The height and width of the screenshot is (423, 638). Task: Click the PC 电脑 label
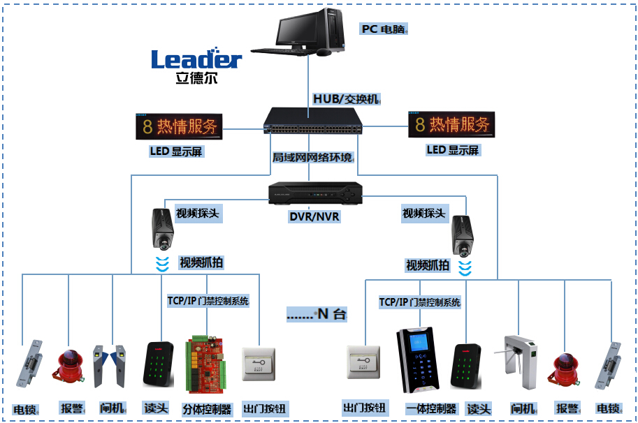(x=384, y=29)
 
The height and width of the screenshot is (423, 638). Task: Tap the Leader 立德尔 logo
(x=196, y=66)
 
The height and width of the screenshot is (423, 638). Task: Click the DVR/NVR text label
(x=314, y=216)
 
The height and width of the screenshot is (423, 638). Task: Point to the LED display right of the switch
(x=451, y=125)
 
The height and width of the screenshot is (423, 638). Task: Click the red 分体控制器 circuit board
(x=206, y=366)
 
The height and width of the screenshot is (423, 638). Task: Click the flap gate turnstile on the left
(x=112, y=365)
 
